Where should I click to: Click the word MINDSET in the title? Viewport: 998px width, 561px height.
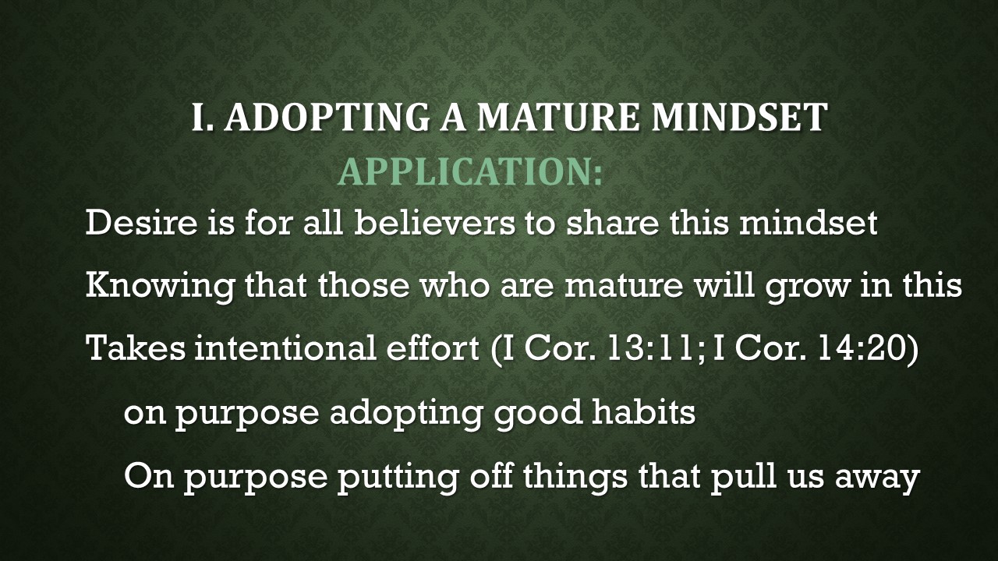[738, 118]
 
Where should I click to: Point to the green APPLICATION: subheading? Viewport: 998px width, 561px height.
[470, 171]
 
